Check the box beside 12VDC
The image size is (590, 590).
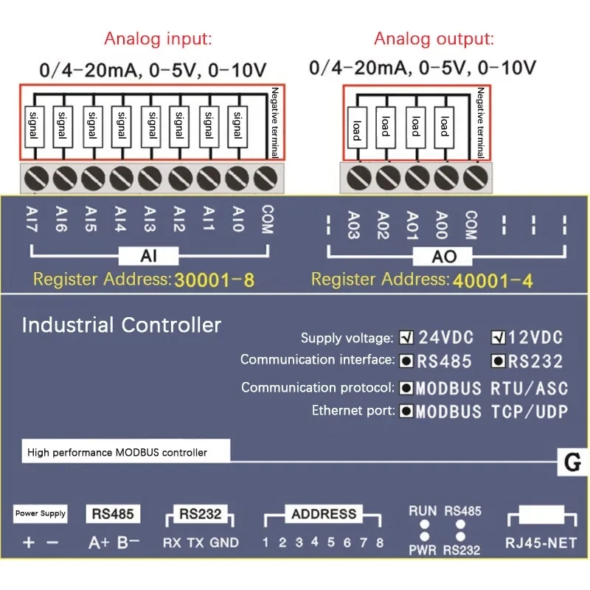pos(498,339)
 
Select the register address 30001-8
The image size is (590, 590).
pos(214,280)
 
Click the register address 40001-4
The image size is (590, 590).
pos(493,280)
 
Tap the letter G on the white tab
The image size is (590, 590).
pos(572,464)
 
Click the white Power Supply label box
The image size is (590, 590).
pos(41,513)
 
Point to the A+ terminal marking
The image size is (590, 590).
pos(99,543)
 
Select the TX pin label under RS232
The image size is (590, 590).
pos(195,543)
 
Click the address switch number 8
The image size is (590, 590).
pos(380,543)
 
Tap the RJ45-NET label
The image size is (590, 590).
pos(541,543)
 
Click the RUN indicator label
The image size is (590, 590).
pos(423,510)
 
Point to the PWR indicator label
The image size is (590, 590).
pos(423,550)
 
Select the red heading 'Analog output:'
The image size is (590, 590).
pos(434,39)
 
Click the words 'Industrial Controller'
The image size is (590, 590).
pos(122,325)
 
